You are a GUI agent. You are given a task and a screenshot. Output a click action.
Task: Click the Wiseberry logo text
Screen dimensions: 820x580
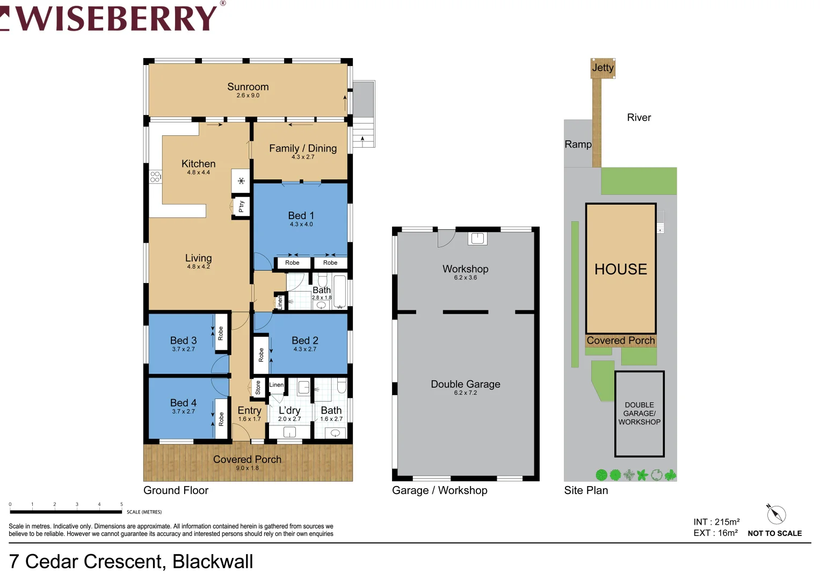pos(115,18)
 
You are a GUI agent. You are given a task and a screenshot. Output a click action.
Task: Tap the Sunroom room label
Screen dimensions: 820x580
pos(248,87)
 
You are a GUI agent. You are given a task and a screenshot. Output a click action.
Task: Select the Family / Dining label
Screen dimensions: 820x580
pos(303,148)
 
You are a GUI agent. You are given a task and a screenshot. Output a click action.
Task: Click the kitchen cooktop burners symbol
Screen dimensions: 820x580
pos(155,177)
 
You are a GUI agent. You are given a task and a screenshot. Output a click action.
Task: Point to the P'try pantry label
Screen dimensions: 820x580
pos(241,206)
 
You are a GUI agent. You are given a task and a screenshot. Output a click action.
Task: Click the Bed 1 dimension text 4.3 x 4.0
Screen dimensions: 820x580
pos(301,224)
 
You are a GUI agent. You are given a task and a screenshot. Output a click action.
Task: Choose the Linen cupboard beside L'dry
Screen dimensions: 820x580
pos(277,385)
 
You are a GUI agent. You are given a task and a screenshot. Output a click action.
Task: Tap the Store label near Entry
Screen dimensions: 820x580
pos(258,387)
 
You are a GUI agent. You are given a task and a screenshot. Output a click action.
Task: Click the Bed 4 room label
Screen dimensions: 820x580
pos(183,403)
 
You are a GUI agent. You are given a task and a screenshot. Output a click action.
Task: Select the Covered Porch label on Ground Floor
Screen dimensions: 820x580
pos(247,459)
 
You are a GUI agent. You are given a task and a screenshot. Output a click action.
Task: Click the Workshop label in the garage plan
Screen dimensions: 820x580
pos(465,269)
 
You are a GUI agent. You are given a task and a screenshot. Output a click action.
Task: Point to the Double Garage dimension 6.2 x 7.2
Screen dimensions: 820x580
pos(465,393)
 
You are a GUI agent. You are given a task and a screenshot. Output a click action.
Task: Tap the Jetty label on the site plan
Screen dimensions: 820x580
pos(603,68)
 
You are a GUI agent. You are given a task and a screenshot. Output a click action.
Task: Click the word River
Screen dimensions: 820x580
pos(638,118)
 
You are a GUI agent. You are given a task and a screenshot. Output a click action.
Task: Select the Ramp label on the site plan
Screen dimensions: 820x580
pos(578,144)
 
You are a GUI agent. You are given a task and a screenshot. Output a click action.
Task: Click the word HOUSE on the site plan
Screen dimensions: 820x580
pos(621,269)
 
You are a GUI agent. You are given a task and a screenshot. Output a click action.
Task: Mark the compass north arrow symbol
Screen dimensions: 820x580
pos(776,514)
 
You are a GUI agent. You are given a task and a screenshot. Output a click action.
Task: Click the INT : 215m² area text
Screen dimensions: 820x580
pos(716,522)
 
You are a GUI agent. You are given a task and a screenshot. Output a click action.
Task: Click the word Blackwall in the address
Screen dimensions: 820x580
pos(213,562)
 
